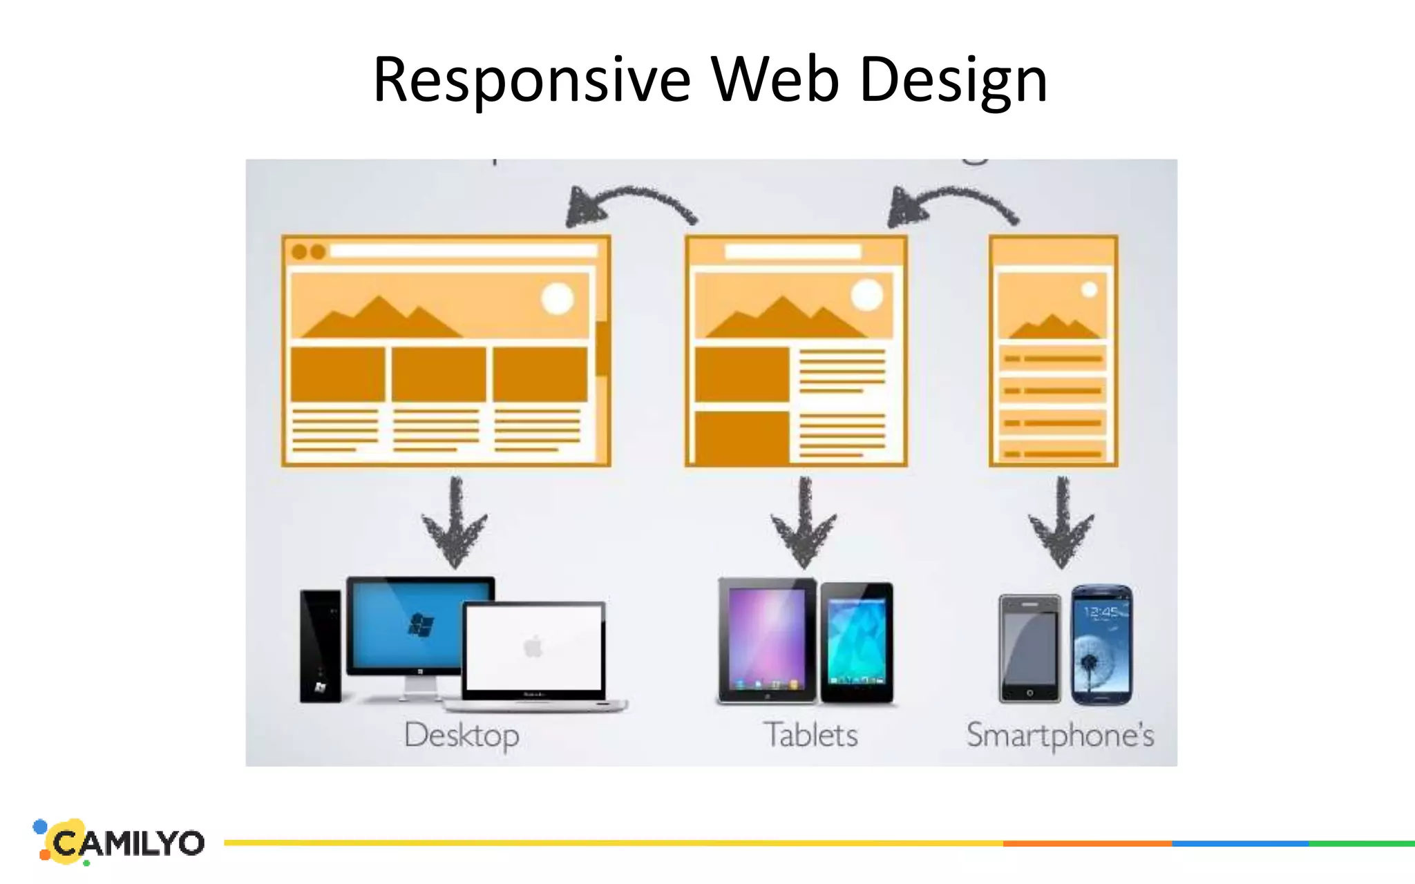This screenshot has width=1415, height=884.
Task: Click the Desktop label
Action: pyautogui.click(x=462, y=735)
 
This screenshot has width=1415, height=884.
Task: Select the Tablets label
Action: pyautogui.click(x=810, y=735)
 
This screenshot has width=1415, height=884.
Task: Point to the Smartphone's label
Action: pyautogui.click(x=1060, y=735)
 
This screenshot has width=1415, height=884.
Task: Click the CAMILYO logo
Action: pyautogui.click(x=121, y=842)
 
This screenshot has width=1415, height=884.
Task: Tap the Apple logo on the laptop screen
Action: pyautogui.click(x=533, y=648)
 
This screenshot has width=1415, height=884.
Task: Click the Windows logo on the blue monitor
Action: pyautogui.click(x=421, y=626)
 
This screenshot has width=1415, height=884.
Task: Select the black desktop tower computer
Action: pyautogui.click(x=320, y=646)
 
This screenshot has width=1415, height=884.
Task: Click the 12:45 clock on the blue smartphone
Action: pyautogui.click(x=1101, y=612)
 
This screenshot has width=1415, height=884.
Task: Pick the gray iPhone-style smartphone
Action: pyautogui.click(x=1029, y=648)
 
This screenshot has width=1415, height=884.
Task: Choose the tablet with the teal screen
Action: pyautogui.click(x=857, y=642)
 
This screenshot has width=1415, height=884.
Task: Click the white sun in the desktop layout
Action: pyautogui.click(x=558, y=298)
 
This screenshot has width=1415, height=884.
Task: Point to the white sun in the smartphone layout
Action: pyautogui.click(x=1089, y=289)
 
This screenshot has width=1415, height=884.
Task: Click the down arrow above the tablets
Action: pyautogui.click(x=804, y=525)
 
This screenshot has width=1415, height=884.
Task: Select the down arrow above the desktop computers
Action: pyautogui.click(x=455, y=525)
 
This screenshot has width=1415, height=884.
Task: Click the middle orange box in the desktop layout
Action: pyautogui.click(x=439, y=374)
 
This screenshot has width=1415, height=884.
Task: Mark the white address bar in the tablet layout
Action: pyautogui.click(x=792, y=251)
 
